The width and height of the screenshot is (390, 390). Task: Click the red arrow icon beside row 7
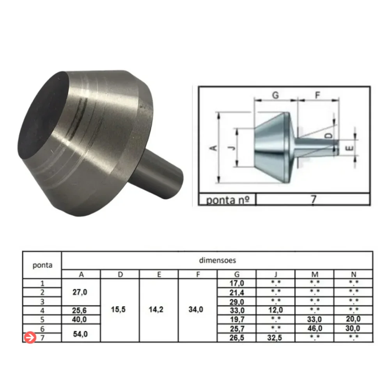[30, 337]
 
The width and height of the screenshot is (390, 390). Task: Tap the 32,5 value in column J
[275, 338]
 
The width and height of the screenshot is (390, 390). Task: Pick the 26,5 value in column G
[237, 338]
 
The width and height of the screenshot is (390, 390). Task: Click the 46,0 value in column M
[315, 328]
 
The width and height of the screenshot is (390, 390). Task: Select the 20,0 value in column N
[353, 319]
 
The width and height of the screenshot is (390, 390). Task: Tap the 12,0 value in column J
[275, 310]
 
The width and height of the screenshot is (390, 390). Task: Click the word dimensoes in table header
[217, 260]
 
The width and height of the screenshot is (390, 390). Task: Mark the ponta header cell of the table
[42, 265]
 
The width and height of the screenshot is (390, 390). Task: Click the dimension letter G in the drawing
[275, 95]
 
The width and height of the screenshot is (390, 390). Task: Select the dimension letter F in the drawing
[318, 95]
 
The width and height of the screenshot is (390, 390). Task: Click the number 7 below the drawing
[313, 199]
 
